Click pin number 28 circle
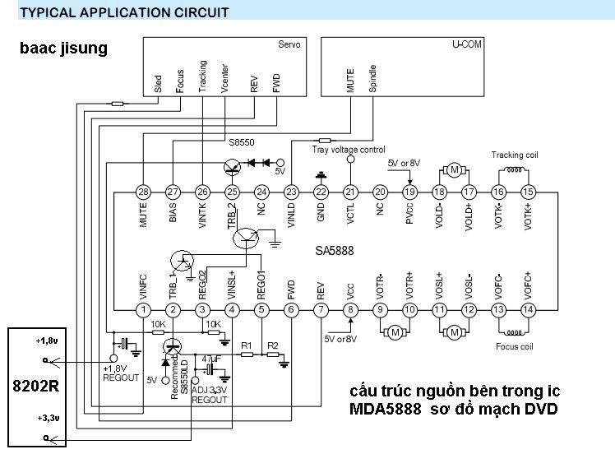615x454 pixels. [143, 192]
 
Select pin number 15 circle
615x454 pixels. [528, 192]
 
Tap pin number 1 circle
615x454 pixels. [143, 309]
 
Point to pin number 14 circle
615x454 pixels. [528, 309]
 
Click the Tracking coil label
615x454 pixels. [515, 155]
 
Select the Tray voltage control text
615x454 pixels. [349, 150]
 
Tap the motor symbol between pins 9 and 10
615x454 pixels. [394, 332]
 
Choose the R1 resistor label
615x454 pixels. [246, 345]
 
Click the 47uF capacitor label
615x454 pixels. [210, 359]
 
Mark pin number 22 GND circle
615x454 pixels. [321, 192]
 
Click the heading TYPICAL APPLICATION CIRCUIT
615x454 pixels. [124, 12]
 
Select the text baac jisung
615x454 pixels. [63, 49]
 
